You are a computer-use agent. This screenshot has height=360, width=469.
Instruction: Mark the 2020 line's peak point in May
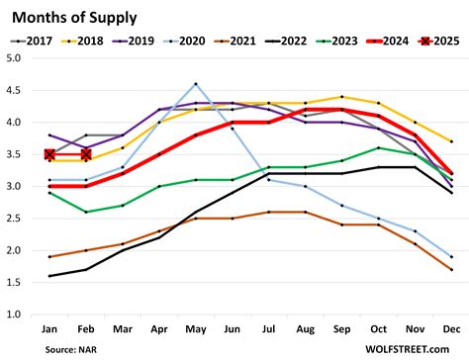pyautogui.click(x=196, y=84)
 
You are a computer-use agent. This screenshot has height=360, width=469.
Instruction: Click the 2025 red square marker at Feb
pyautogui.click(x=86, y=154)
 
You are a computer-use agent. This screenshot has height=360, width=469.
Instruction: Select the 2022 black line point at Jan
pyautogui.click(x=49, y=276)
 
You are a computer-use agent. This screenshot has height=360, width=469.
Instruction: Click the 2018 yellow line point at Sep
pyautogui.click(x=342, y=97)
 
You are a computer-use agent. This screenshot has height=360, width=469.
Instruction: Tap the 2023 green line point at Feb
pyautogui.click(x=86, y=212)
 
